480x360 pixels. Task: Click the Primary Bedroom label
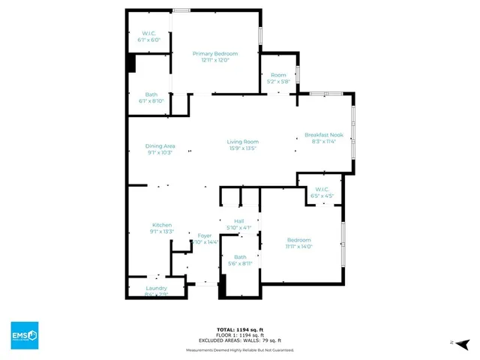pos(215,54)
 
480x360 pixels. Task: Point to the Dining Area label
pos(160,145)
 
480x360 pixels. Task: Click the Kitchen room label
pos(163,225)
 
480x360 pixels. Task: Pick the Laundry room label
pos(156,288)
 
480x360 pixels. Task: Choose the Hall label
pos(239,221)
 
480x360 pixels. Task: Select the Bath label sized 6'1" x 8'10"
pos(151,94)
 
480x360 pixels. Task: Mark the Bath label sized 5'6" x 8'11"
pos(239,256)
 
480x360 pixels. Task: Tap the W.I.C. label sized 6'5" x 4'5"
pos(322,189)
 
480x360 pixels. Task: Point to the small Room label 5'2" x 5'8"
pos(278,75)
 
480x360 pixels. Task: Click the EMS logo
pos(25,334)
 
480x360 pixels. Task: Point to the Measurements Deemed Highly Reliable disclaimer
pos(240,349)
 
